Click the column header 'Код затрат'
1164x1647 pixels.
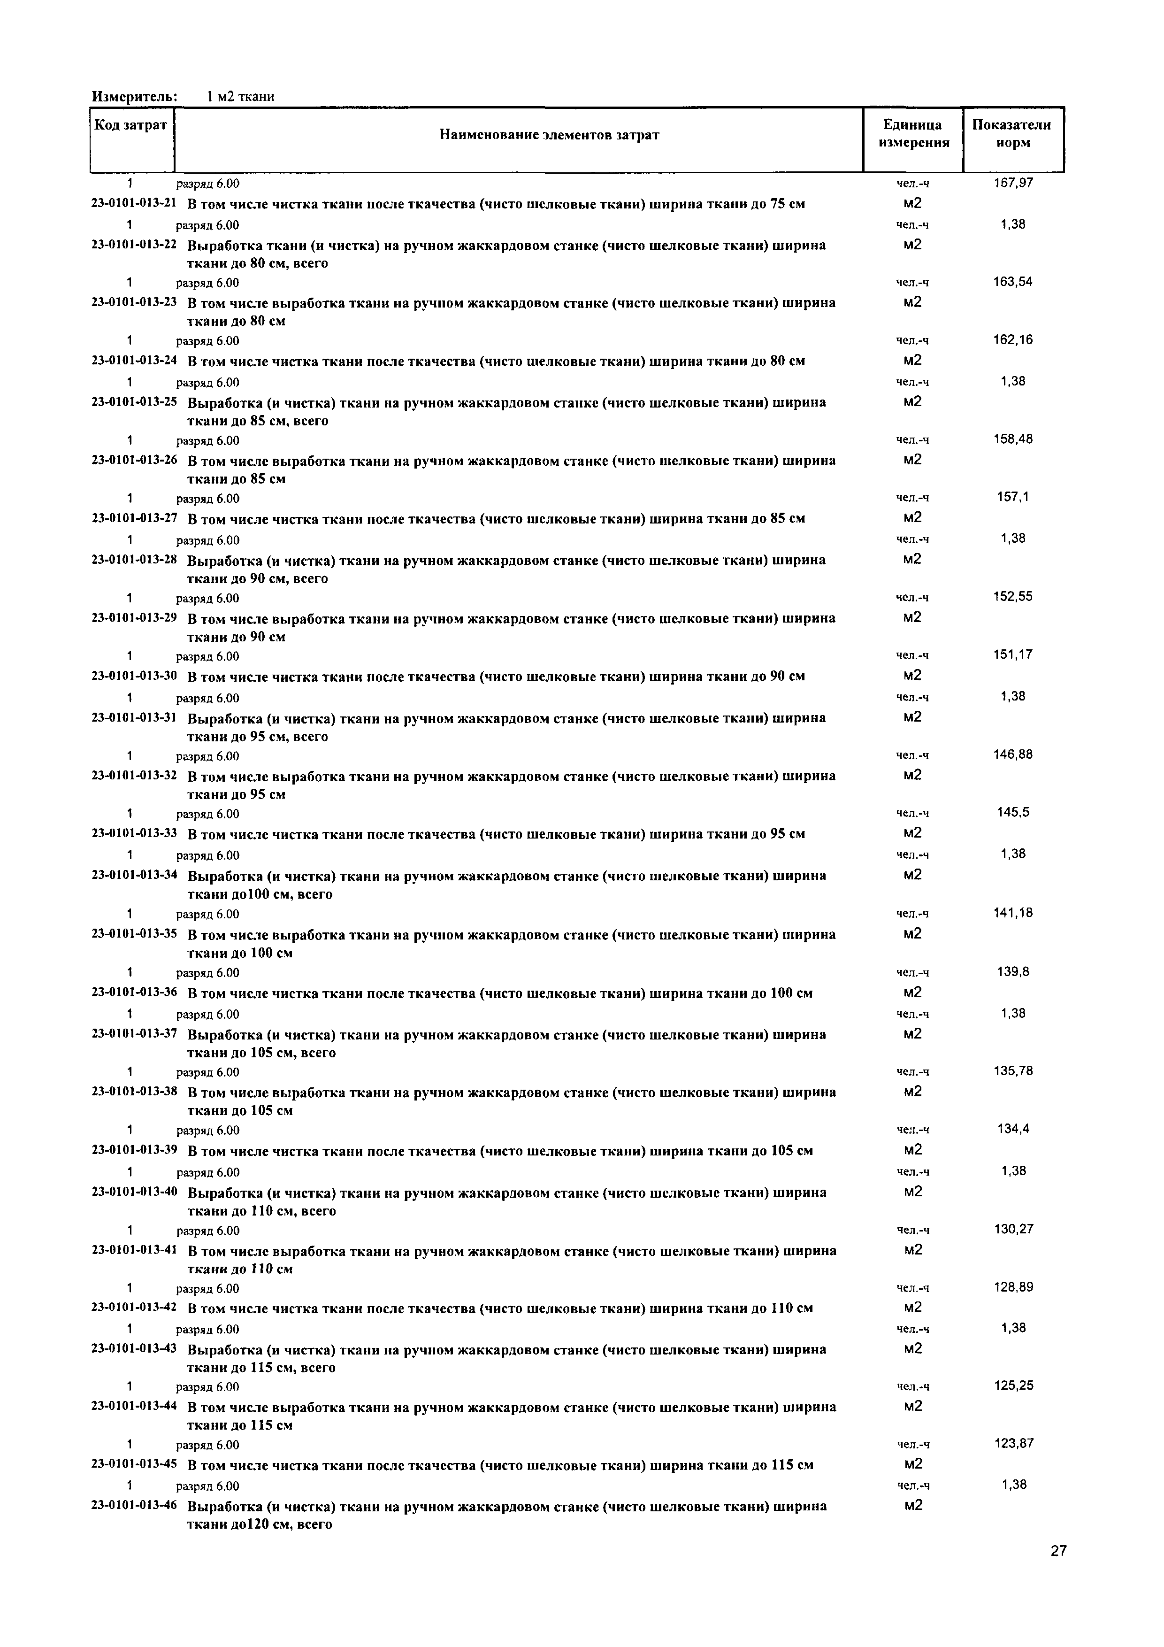[x=130, y=125]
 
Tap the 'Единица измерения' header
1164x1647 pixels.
[x=913, y=133]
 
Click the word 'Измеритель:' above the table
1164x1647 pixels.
[x=135, y=96]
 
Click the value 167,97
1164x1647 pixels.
[x=1013, y=183]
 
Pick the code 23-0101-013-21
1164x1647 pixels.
[x=134, y=203]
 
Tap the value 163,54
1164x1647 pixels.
[x=1013, y=282]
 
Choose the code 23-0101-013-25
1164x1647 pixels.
[x=134, y=402]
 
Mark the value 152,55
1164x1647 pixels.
[x=1013, y=597]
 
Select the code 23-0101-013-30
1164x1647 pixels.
[x=134, y=676]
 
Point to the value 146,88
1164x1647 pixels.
[x=1013, y=754]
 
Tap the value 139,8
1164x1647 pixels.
[x=1013, y=972]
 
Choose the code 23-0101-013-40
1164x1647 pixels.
[x=134, y=1192]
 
